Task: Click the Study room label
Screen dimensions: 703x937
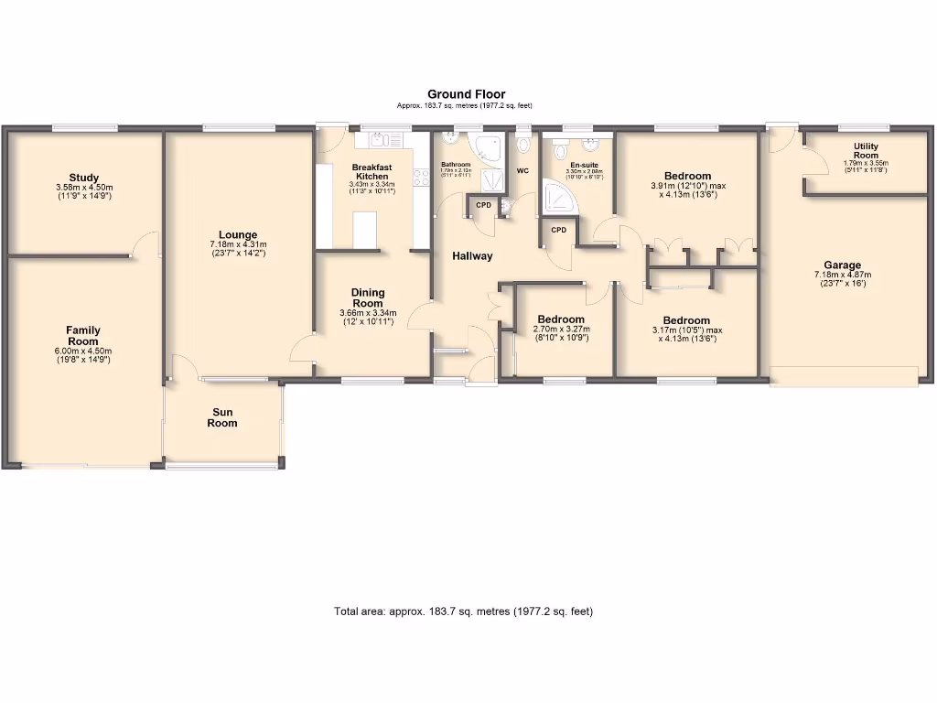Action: [x=83, y=178]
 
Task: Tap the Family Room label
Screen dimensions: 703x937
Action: [x=83, y=336]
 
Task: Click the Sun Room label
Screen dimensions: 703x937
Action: [x=222, y=417]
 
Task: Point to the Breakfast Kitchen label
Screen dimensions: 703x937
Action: [x=372, y=172]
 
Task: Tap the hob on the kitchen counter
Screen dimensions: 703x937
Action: [x=422, y=177]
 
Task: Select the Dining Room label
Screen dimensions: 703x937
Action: [x=368, y=297]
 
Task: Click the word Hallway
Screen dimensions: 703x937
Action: [x=472, y=256]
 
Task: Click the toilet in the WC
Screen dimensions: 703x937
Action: [x=523, y=145]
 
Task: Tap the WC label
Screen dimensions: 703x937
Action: [x=522, y=171]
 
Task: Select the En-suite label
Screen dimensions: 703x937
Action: [x=584, y=165]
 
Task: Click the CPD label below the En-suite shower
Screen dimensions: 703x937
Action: [x=558, y=230]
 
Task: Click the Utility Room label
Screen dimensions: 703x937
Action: [x=866, y=151]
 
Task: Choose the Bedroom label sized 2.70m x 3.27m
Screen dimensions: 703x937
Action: [x=560, y=319]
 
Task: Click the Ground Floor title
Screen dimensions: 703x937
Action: [x=466, y=94]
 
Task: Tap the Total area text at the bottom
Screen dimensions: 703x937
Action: [x=463, y=611]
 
